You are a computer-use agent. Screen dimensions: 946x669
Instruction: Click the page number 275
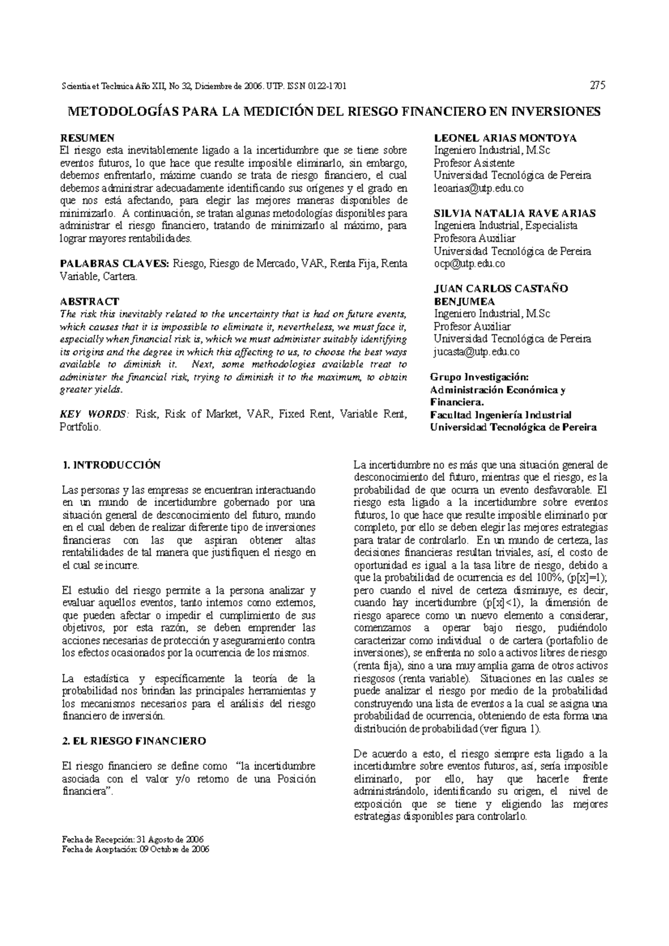pyautogui.click(x=598, y=86)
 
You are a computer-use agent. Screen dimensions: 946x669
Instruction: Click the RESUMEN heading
pyautogui.click(x=87, y=138)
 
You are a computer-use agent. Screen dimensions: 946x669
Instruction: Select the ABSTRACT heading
pyautogui.click(x=89, y=301)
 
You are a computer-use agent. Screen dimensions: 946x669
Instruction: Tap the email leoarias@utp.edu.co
pyautogui.click(x=478, y=188)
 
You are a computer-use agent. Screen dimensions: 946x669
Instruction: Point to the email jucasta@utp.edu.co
pyautogui.click(x=476, y=352)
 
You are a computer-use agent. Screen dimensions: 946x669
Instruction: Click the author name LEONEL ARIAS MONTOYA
pyautogui.click(x=505, y=138)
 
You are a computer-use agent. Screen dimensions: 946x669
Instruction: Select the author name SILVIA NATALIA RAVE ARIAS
pyautogui.click(x=515, y=213)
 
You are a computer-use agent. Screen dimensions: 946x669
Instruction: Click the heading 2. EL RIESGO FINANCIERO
pyautogui.click(x=134, y=741)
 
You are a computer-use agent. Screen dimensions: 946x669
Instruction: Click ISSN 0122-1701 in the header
pyautogui.click(x=316, y=86)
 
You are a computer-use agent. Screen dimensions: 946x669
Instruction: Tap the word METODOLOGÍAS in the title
pyautogui.click(x=122, y=111)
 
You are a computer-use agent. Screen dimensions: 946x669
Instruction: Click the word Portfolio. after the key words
pyautogui.click(x=80, y=427)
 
